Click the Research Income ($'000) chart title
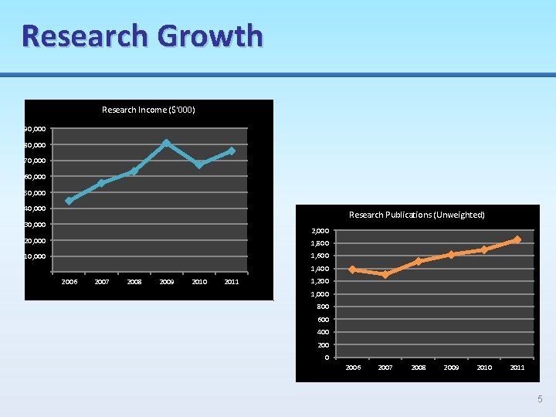tap(148, 110)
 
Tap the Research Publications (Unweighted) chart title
tap(417, 215)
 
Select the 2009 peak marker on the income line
tap(166, 143)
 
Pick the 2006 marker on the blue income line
tap(69, 201)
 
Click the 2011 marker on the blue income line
tap(232, 151)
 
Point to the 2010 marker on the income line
tap(199, 164)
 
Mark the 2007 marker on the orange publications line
tap(385, 274)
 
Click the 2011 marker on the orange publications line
tap(517, 239)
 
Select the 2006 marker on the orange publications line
tap(352, 270)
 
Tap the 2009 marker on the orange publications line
tap(451, 254)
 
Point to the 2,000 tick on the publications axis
tap(320, 231)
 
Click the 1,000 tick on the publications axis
tap(320, 294)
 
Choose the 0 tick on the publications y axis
tap(327, 358)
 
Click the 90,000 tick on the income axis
tap(35, 128)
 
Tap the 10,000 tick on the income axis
tap(35, 256)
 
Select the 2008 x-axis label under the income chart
tap(134, 282)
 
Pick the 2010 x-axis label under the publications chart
tap(484, 368)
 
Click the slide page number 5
tap(540, 399)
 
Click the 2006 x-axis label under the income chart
tap(69, 282)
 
